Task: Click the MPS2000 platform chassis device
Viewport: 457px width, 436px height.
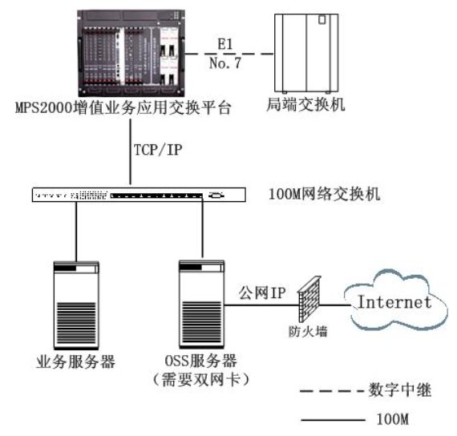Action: [131, 53]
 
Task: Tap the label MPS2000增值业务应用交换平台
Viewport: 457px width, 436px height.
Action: [123, 108]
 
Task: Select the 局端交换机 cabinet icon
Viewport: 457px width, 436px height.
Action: [306, 53]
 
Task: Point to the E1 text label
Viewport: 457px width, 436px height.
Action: [225, 44]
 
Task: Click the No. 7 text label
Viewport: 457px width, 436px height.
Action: [225, 63]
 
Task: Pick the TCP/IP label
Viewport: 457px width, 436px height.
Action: [158, 150]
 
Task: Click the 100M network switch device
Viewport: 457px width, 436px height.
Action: [139, 195]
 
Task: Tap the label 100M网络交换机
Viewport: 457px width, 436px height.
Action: [325, 194]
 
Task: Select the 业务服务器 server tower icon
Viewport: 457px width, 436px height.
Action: [76, 305]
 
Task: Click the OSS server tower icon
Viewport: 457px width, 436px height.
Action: [202, 304]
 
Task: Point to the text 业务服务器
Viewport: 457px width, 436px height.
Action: [76, 362]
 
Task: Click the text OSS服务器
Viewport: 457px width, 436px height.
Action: [200, 361]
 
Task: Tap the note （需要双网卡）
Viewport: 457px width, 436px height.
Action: [201, 379]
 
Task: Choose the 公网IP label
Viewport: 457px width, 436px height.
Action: [262, 293]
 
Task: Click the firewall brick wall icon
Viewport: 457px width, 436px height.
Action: [309, 299]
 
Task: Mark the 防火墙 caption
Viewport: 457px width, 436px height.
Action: [308, 331]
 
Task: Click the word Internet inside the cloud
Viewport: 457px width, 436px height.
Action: [394, 302]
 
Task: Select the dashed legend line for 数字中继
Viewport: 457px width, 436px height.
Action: [332, 391]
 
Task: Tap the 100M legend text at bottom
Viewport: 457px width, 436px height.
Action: [393, 419]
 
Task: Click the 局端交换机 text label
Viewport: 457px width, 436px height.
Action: [305, 104]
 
